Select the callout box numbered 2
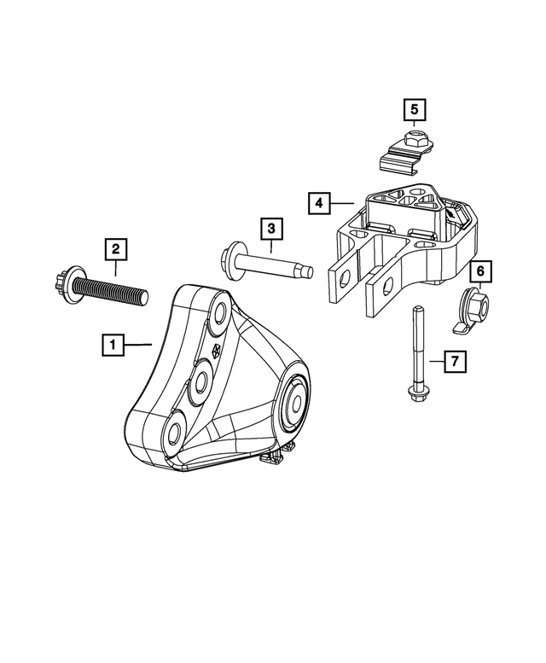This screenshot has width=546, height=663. (x=116, y=250)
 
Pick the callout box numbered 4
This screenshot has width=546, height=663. (x=317, y=203)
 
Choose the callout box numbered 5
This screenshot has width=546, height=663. (x=414, y=110)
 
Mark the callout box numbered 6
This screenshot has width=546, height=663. (x=479, y=271)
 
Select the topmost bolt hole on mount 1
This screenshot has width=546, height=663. (x=218, y=315)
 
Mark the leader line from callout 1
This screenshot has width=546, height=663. (x=136, y=346)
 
